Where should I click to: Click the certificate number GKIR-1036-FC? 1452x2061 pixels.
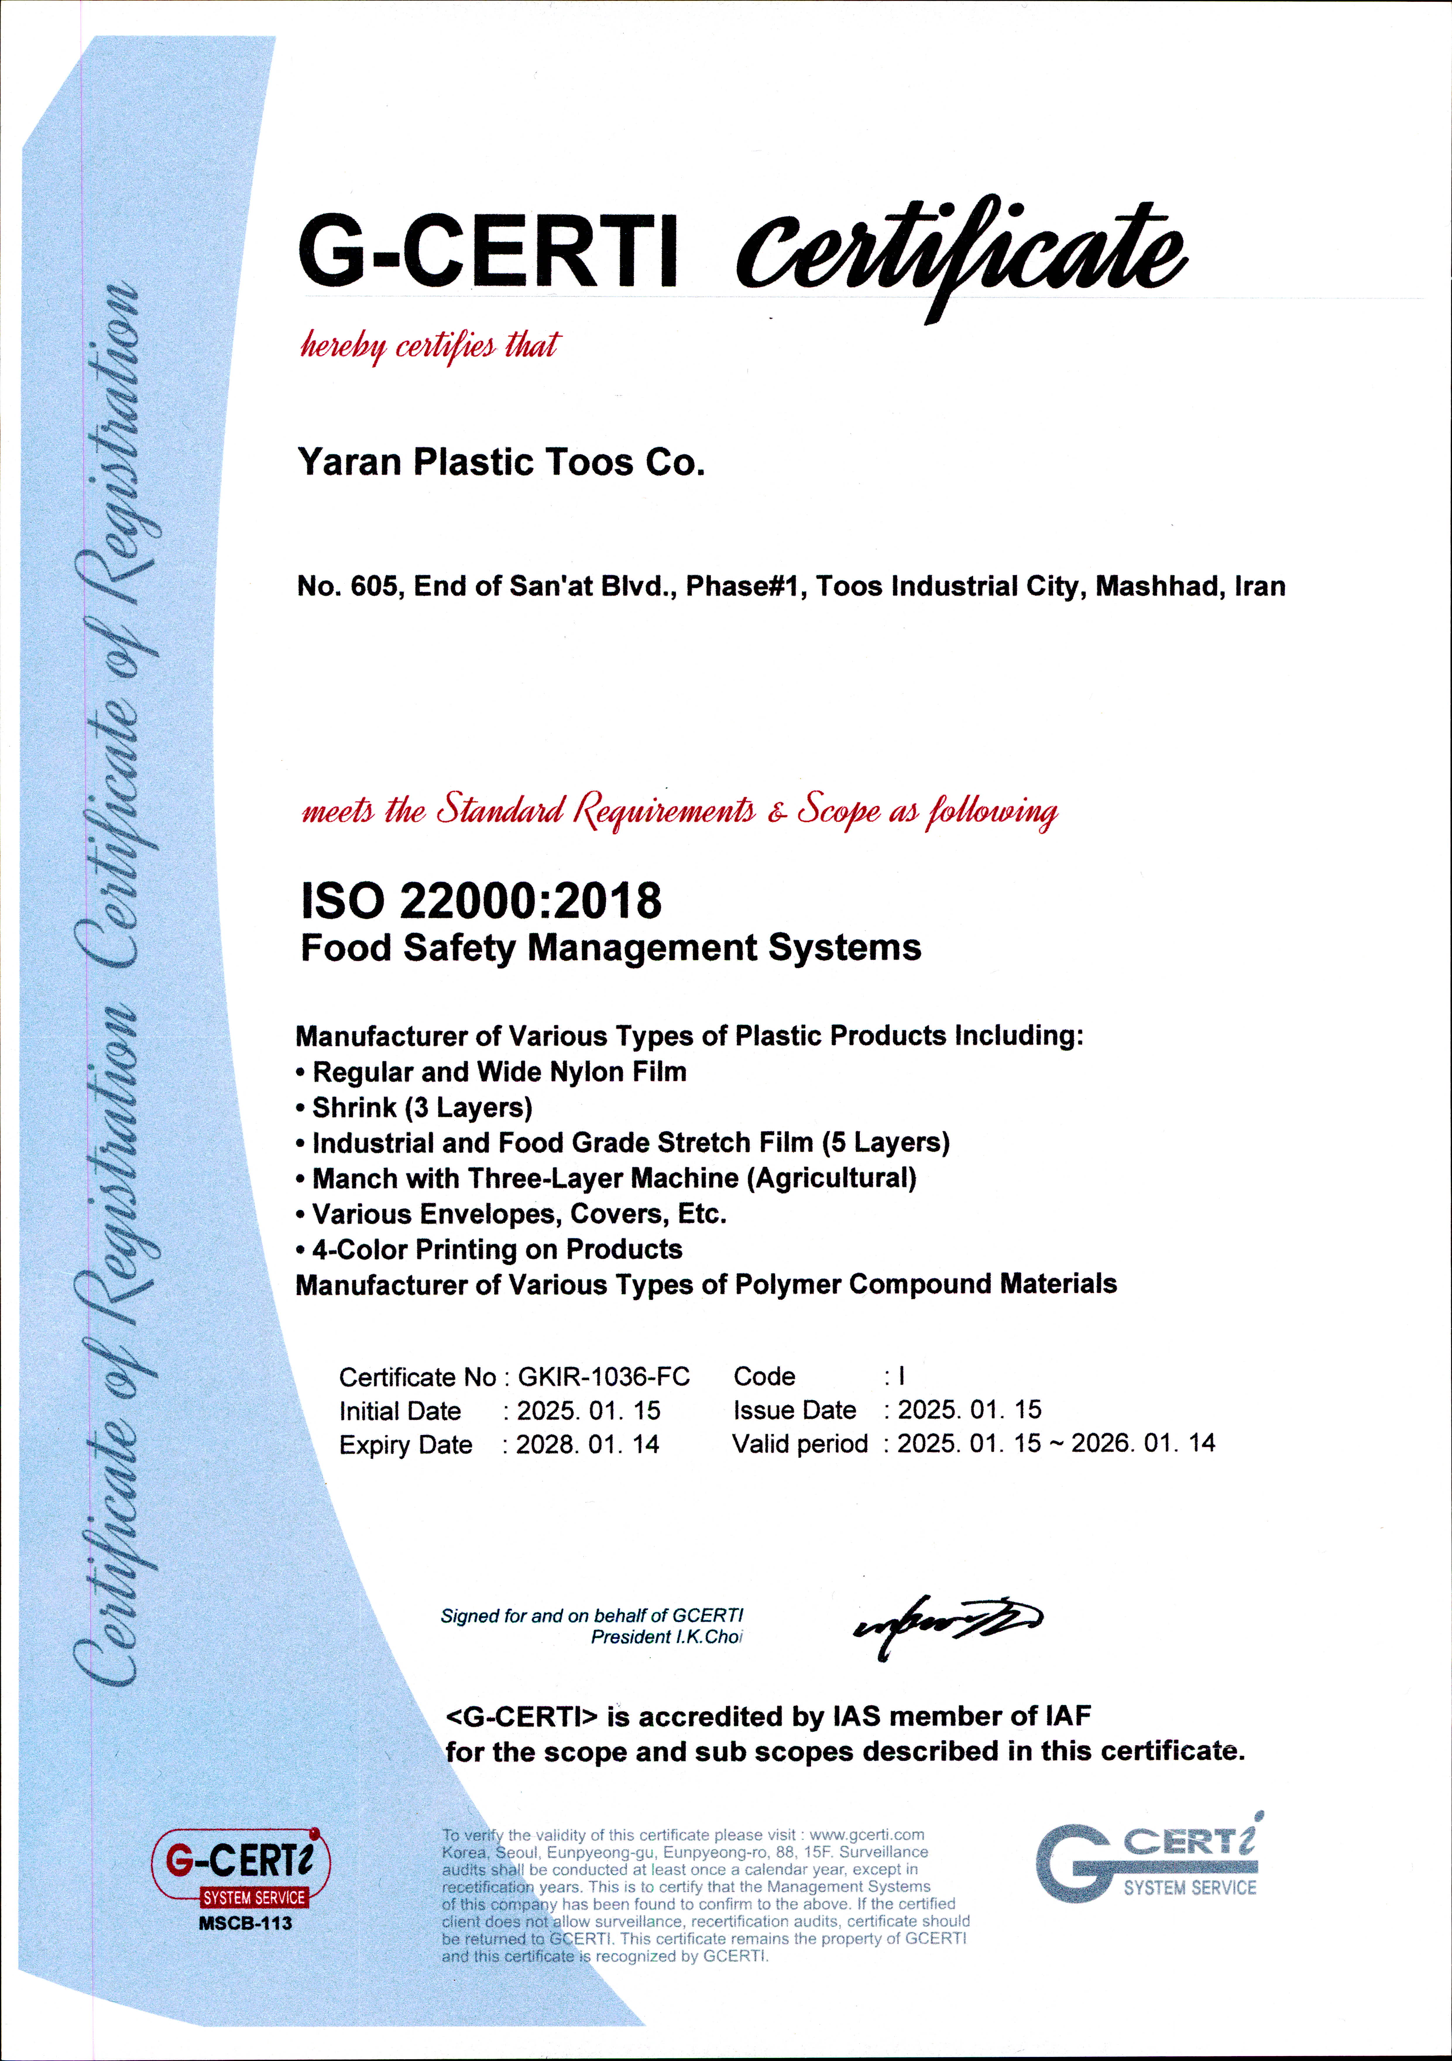pyautogui.click(x=604, y=1377)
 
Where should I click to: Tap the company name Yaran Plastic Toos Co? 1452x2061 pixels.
pyautogui.click(x=501, y=462)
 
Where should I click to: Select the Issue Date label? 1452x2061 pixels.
pyautogui.click(x=794, y=1410)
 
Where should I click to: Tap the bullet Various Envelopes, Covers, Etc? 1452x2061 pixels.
pyautogui.click(x=519, y=1214)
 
